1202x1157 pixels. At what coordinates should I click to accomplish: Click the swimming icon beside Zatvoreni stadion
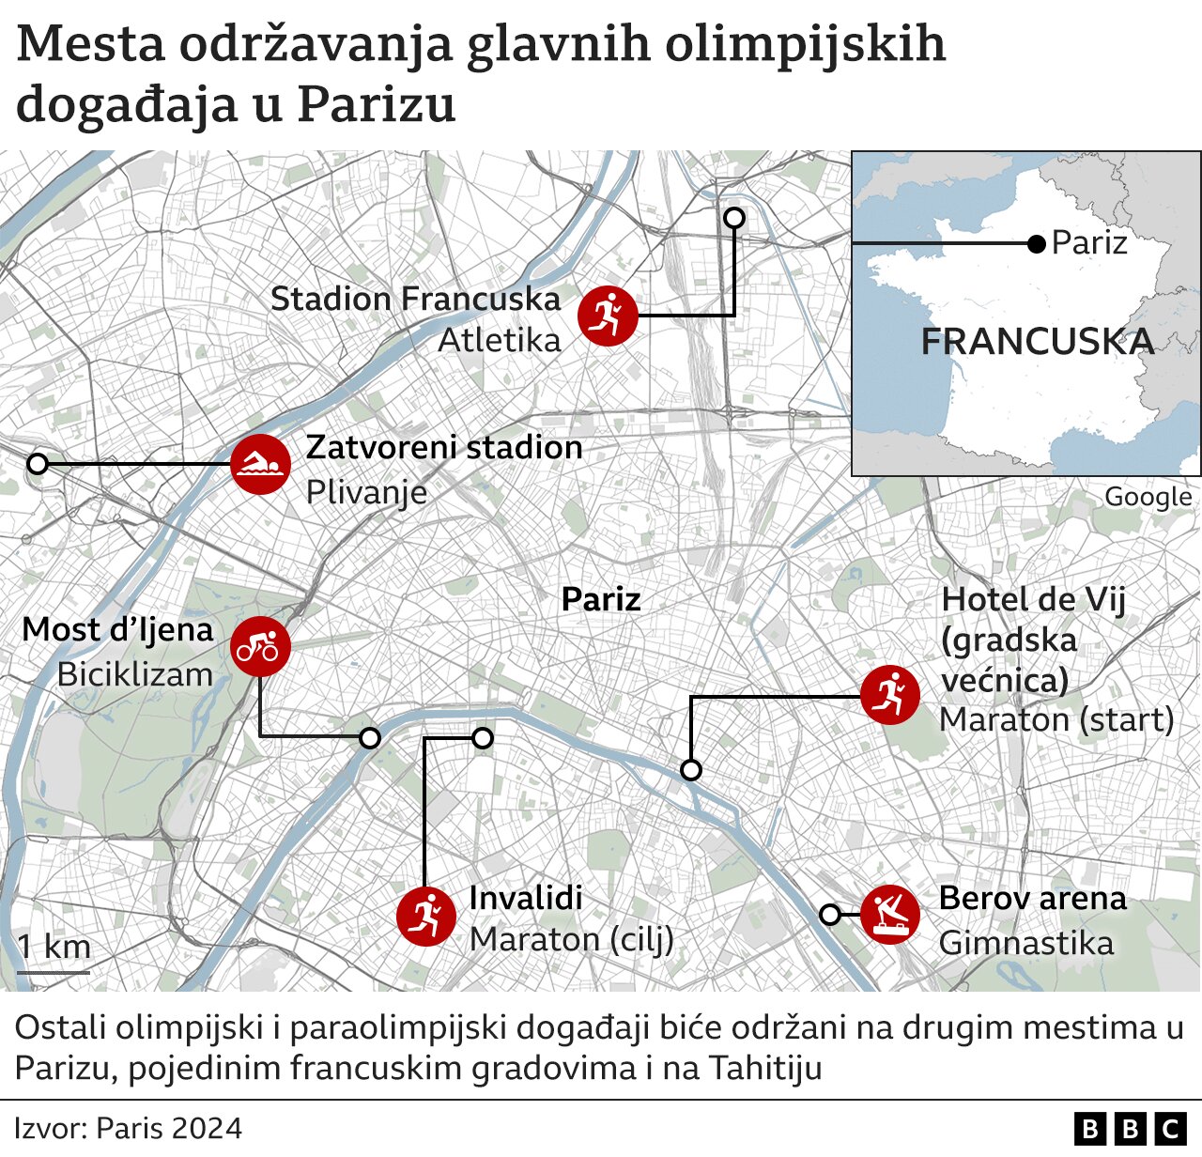click(260, 465)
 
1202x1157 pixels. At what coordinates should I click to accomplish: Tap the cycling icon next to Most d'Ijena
click(260, 646)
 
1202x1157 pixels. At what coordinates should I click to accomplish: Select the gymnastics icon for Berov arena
click(890, 914)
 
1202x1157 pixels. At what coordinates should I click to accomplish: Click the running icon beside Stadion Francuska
click(608, 316)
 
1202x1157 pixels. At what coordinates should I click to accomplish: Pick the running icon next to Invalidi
click(425, 916)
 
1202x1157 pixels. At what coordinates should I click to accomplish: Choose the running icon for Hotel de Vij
click(890, 696)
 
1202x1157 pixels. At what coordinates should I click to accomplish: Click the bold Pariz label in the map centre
click(601, 599)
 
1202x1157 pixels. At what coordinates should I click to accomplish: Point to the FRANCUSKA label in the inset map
click(1037, 342)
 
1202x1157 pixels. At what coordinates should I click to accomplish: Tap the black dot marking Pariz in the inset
click(1037, 244)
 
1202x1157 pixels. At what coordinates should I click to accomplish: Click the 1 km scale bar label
click(54, 947)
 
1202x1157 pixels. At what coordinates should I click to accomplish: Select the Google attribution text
click(1148, 497)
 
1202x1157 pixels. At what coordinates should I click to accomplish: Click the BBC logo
click(1130, 1128)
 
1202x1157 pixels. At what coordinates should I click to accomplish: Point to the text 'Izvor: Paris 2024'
click(129, 1128)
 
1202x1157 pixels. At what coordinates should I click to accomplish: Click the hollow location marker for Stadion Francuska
click(734, 218)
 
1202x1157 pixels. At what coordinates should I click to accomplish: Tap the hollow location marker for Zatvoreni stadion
click(38, 464)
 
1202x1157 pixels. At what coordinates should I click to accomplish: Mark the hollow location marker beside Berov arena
click(830, 915)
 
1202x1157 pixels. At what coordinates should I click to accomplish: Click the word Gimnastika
click(1026, 942)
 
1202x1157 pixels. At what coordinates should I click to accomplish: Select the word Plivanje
click(367, 491)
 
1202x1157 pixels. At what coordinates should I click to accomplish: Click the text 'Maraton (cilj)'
click(572, 938)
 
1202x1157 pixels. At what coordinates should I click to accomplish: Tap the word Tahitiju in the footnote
click(765, 1068)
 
